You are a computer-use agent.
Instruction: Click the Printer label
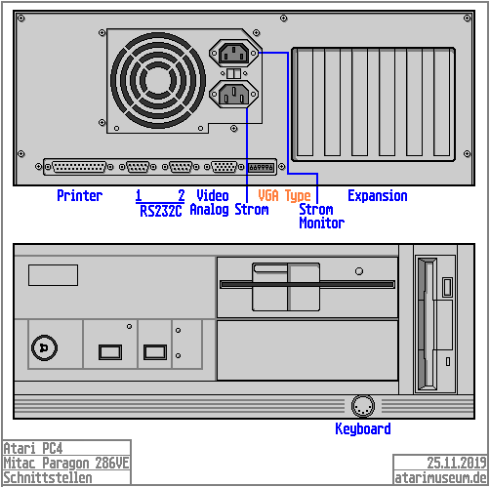(x=80, y=196)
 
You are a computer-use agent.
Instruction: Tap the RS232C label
(x=160, y=211)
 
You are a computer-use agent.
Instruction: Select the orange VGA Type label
(x=285, y=196)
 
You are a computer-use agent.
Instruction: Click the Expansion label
(x=378, y=196)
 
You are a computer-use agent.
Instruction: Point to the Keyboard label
(x=363, y=428)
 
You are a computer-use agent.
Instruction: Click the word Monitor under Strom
(x=322, y=223)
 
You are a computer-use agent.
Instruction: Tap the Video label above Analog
(x=213, y=196)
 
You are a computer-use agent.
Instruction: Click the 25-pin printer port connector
(x=79, y=167)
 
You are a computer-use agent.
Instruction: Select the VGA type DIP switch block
(x=262, y=167)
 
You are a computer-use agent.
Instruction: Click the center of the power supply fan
(x=158, y=80)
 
